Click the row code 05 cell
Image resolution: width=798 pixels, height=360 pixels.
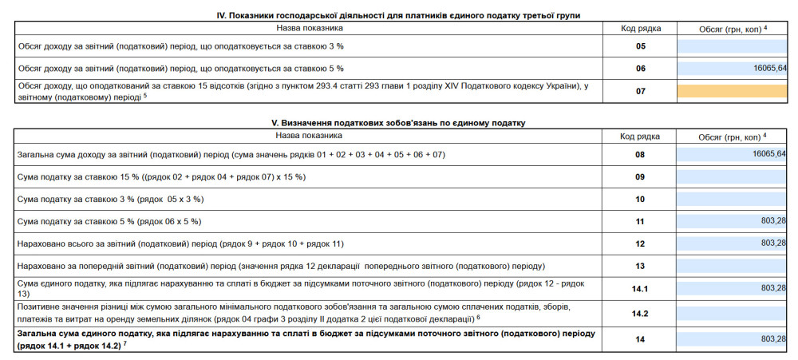pyautogui.click(x=640, y=46)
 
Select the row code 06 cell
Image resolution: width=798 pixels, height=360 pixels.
pyautogui.click(x=640, y=69)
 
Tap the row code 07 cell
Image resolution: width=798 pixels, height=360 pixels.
pyautogui.click(x=640, y=91)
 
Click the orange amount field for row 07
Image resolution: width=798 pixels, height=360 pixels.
pyautogui.click(x=733, y=91)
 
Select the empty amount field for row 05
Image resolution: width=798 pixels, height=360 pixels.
pyautogui.click(x=733, y=46)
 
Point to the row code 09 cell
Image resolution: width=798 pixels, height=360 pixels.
pyautogui.click(x=640, y=176)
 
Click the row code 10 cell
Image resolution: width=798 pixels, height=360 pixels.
pyautogui.click(x=640, y=198)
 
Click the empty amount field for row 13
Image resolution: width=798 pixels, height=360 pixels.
pyautogui.click(x=733, y=265)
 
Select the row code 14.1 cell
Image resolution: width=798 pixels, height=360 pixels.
pyautogui.click(x=640, y=287)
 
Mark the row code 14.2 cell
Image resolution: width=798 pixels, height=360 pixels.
pyautogui.click(x=640, y=314)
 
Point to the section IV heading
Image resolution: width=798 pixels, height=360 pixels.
pyautogui.click(x=399, y=15)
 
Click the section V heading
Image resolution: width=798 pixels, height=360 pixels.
pyautogui.click(x=399, y=123)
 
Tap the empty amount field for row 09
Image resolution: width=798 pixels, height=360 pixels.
pyautogui.click(x=733, y=176)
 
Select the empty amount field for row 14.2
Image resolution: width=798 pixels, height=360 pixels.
pyautogui.click(x=733, y=314)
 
